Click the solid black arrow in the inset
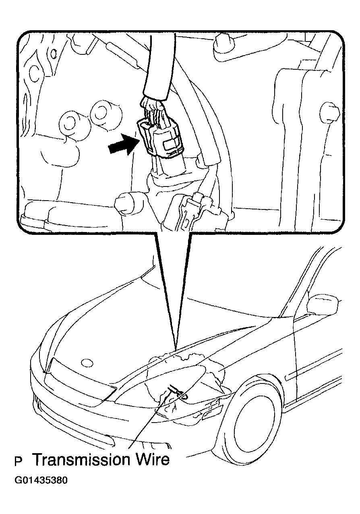click(124, 145)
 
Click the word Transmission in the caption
click(82, 460)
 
